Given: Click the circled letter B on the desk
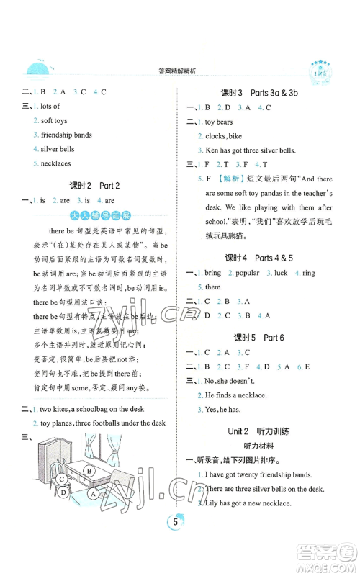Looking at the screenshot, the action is point(89,492).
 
